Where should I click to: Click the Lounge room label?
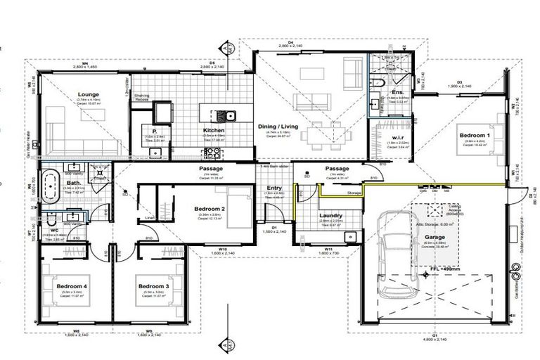click(88, 94)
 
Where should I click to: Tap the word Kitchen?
click(214, 131)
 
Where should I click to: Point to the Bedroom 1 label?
click(475, 134)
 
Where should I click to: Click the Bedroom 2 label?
click(210, 209)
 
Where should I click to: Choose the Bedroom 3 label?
click(153, 286)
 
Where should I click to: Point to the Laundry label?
click(330, 215)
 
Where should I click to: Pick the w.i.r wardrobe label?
click(397, 138)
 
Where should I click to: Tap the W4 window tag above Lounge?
click(84, 64)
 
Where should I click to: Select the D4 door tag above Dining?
click(289, 41)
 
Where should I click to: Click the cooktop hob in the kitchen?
click(162, 112)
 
